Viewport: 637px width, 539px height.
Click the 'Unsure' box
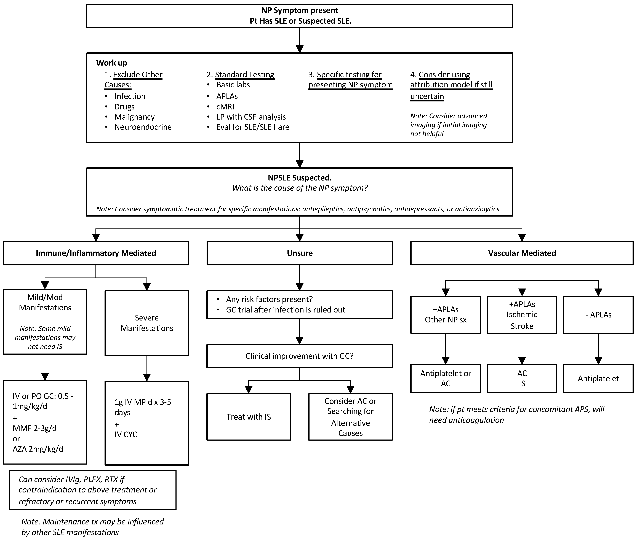299,253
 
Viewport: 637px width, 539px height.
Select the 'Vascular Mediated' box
522,253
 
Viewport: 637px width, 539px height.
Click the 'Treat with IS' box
248,417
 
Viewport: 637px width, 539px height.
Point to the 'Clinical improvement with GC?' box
299,356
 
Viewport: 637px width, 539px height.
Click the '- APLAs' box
598,315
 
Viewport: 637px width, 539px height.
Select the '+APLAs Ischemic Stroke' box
522,315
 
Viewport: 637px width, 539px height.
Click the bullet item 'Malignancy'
134,117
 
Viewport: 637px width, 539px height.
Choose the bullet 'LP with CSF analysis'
251,117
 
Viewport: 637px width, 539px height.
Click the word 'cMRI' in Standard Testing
225,107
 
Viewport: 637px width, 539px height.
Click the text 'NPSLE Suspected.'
299,178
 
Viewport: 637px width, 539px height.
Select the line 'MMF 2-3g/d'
34,428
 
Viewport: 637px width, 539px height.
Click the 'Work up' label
111,63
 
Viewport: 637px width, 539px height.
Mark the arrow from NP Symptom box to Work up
299,40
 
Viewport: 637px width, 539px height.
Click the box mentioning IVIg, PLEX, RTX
92,490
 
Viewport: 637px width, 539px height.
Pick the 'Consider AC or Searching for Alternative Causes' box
350,417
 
